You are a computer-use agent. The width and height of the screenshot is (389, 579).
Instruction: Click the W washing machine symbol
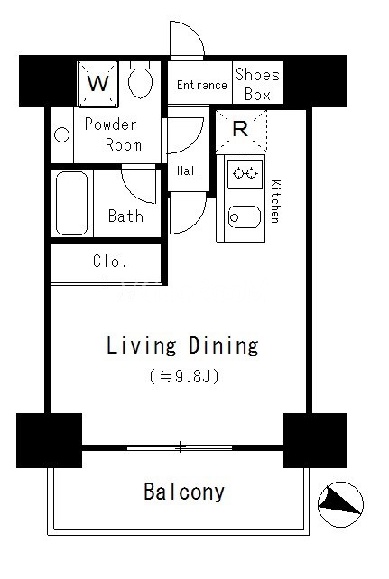point(97,84)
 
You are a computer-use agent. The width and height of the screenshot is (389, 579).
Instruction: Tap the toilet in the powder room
point(141,79)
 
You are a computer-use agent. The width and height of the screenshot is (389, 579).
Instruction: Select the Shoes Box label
point(258,84)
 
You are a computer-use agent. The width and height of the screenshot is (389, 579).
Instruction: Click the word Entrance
point(201,86)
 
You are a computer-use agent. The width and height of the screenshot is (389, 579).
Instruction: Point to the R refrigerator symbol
point(241,131)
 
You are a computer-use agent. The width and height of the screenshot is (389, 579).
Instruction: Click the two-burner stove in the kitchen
point(244,174)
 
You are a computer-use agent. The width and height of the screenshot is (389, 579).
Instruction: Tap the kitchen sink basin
point(245,217)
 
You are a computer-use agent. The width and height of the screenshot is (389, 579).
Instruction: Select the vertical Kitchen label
point(275,201)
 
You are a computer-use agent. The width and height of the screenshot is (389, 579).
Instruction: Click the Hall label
point(190,170)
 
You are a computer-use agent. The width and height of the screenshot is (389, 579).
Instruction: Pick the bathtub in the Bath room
point(72,203)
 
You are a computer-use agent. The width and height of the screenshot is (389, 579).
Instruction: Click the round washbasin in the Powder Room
point(61,134)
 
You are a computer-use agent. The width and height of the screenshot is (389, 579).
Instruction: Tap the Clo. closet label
point(110,261)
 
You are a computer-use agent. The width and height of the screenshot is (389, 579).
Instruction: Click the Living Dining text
point(182,345)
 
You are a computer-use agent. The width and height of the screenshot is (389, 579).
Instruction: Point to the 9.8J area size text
point(184,377)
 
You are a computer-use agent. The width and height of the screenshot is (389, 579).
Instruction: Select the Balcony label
point(184,492)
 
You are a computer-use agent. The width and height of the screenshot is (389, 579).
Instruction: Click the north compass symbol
point(340,504)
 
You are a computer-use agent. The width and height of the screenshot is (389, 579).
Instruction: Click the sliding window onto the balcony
point(180,447)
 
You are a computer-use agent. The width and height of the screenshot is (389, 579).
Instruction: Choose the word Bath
point(125,216)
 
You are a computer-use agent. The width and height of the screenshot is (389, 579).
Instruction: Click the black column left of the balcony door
point(49,440)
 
